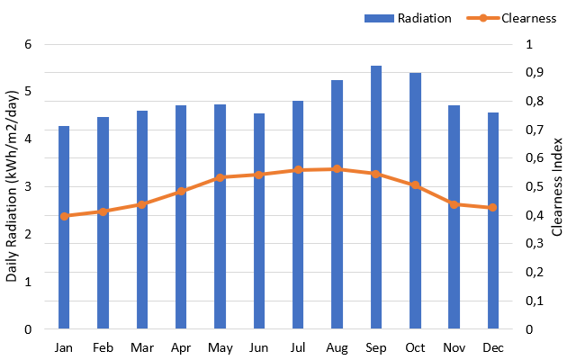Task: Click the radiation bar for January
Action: [x=64, y=270]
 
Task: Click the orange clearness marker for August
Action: [x=337, y=169]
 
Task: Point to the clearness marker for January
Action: [x=64, y=216]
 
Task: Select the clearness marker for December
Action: [x=492, y=208]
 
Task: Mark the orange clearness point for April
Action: [x=181, y=191]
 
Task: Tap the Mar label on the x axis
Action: [x=141, y=347]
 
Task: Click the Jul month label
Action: [x=298, y=347]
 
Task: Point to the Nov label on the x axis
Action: [x=454, y=347]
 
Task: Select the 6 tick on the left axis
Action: [x=28, y=44]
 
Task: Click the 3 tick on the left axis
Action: [x=28, y=187]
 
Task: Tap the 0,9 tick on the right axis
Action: [x=534, y=73]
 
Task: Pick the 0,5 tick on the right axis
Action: [x=534, y=187]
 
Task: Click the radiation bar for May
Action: [x=220, y=261]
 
